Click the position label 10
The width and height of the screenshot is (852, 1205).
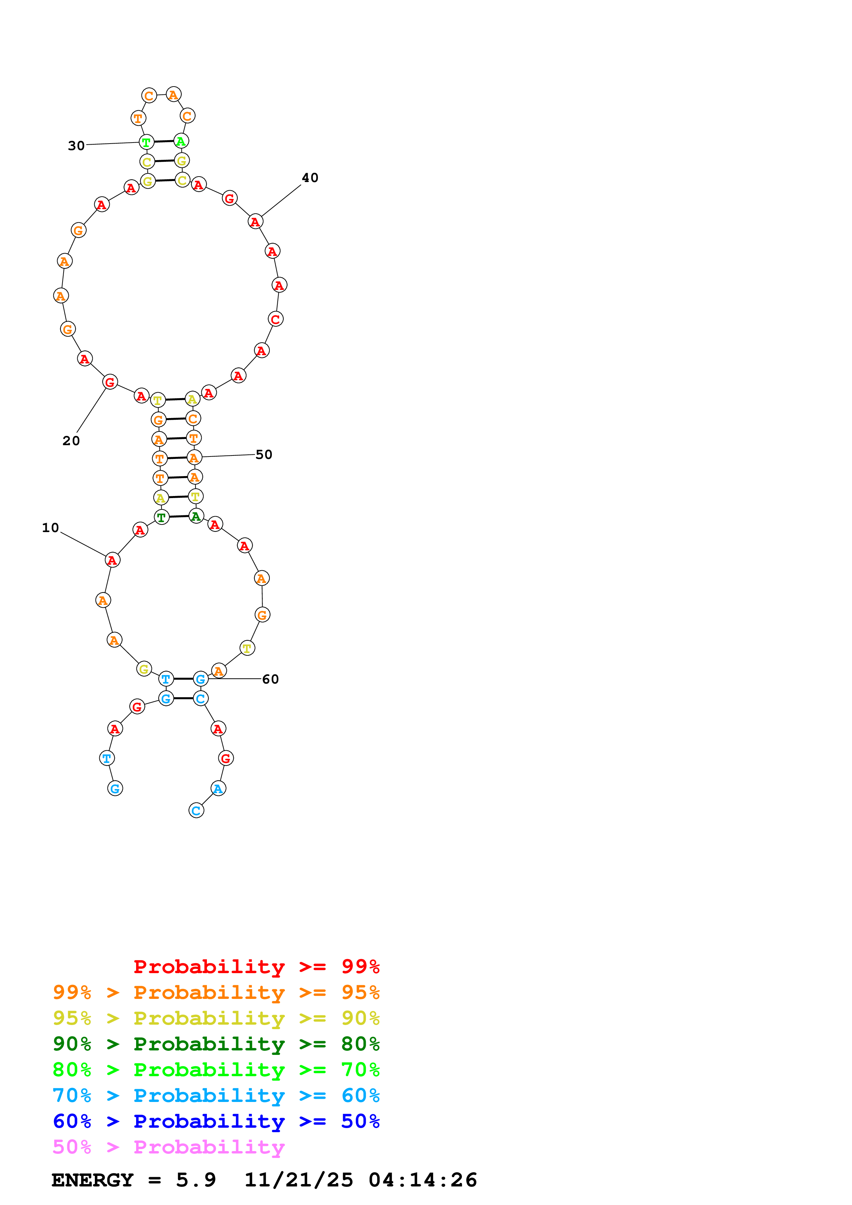pyautogui.click(x=51, y=528)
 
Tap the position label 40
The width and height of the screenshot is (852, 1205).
pyautogui.click(x=310, y=178)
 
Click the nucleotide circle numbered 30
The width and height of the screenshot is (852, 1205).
pyautogui.click(x=146, y=142)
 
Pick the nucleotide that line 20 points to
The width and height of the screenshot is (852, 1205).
pyautogui.click(x=110, y=382)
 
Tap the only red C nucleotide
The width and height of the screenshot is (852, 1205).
pyautogui.click(x=276, y=319)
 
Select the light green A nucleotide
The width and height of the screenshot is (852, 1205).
pyautogui.click(x=181, y=141)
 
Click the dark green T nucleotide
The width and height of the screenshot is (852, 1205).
pyautogui.click(x=162, y=517)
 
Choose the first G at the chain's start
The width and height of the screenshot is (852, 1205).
pyautogui.click(x=115, y=788)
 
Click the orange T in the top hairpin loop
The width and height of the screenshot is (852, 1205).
pyautogui.click(x=138, y=118)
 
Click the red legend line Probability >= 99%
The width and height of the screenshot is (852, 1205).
pyautogui.click(x=256, y=967)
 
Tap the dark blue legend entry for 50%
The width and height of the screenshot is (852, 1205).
pyautogui.click(x=216, y=1121)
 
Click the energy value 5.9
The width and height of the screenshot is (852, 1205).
pyautogui.click(x=196, y=1180)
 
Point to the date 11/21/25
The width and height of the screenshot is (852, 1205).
pyautogui.click(x=299, y=1180)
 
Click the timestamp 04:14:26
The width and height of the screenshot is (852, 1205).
pyautogui.click(x=423, y=1180)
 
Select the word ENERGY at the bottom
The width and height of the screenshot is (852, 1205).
pyautogui.click(x=92, y=1180)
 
